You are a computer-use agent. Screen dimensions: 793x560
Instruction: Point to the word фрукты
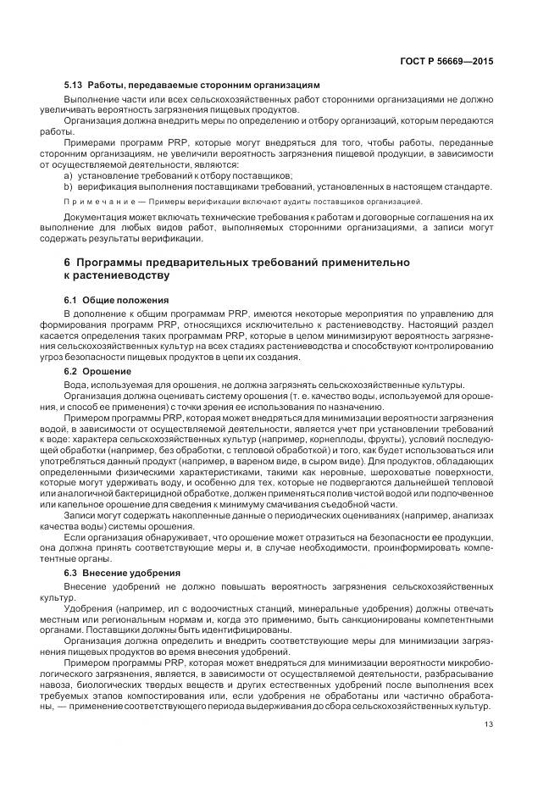pos(421,440)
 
